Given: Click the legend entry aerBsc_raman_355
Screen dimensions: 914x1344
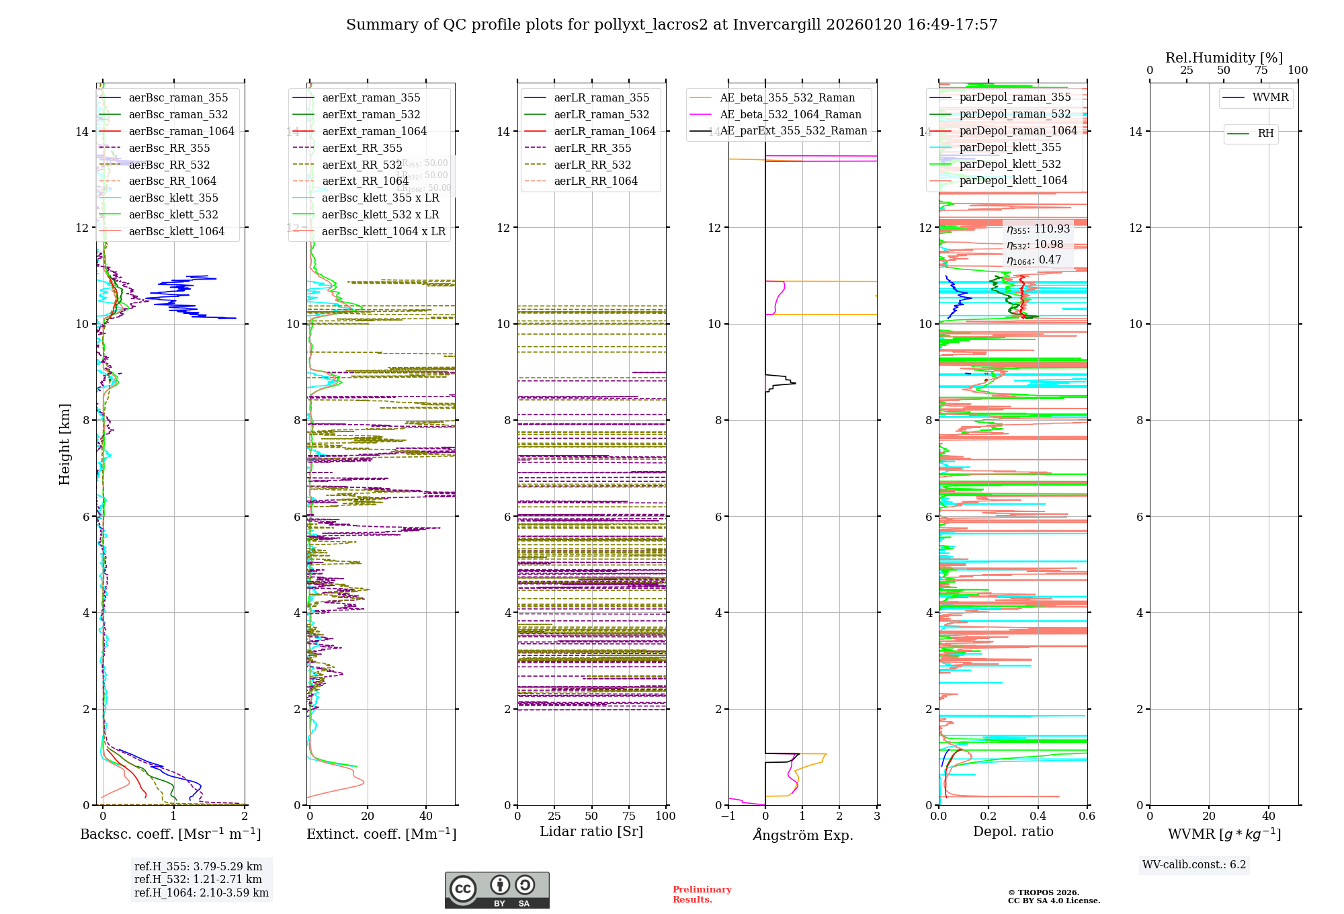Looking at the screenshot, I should click(178, 98).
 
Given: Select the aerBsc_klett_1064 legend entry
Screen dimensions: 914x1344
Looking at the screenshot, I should click(177, 231).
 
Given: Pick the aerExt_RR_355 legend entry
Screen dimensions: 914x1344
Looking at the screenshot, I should click(362, 148).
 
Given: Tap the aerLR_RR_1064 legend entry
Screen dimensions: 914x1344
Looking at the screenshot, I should click(595, 181).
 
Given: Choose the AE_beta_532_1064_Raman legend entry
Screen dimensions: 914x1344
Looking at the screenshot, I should click(790, 114).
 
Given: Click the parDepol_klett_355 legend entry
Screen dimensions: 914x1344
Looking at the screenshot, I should click(1010, 147).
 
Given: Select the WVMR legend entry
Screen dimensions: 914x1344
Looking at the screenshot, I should click(1270, 97).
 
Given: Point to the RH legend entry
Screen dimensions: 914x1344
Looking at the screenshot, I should click(1265, 134).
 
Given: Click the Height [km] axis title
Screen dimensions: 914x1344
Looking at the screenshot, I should click(65, 444).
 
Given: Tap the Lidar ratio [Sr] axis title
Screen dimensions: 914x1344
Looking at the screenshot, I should click(591, 831).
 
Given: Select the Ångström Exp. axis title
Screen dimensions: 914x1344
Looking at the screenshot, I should click(803, 835).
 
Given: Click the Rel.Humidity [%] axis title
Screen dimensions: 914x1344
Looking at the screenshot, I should click(1224, 58).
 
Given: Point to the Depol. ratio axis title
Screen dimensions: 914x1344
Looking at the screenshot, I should click(1013, 831).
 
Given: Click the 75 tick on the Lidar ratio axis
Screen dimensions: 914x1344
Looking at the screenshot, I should click(629, 816).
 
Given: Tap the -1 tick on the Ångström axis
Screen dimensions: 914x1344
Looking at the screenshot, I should click(728, 816).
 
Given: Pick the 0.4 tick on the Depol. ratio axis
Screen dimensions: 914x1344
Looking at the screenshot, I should click(1038, 816).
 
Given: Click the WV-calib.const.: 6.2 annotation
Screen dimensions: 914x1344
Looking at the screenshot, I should click(1194, 864).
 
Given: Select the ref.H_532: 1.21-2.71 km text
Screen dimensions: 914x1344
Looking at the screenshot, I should click(198, 879).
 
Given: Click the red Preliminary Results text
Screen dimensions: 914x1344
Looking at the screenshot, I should click(702, 894).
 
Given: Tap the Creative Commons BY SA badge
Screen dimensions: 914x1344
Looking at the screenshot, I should click(497, 890).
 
